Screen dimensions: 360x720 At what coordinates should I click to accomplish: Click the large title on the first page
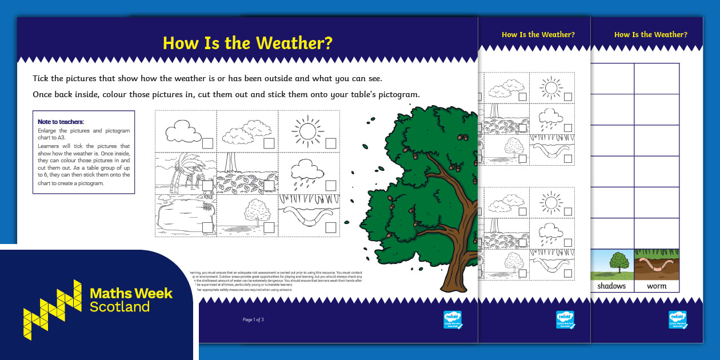247,43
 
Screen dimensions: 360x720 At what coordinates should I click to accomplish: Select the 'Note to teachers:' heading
61,122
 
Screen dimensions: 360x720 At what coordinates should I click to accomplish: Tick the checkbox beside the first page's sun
330,143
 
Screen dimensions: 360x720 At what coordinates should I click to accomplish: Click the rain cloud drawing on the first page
303,171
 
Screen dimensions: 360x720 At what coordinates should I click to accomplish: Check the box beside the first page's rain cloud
330,185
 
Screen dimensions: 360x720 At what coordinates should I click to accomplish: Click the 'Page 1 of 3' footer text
253,319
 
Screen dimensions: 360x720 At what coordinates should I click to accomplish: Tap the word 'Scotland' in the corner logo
119,307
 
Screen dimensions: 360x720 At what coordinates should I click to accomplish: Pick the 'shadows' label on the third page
611,286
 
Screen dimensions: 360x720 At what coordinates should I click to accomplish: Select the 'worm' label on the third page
657,286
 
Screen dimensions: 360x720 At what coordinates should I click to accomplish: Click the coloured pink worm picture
657,266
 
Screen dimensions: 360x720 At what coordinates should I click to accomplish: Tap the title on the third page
650,34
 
